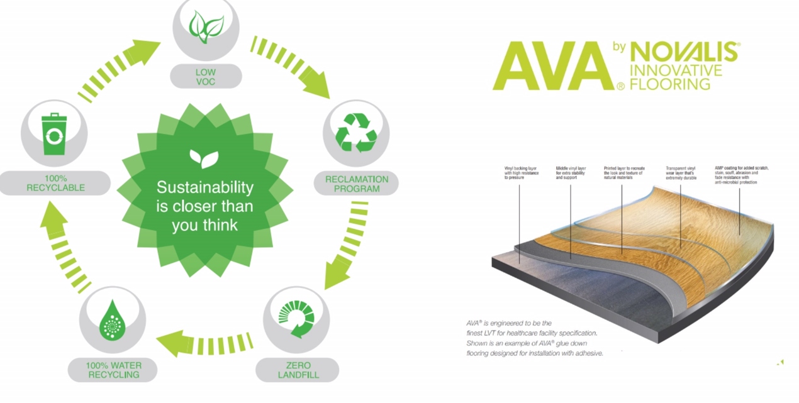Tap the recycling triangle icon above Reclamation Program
(x=355, y=133)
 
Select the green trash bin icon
(x=53, y=133)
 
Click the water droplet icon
(x=112, y=319)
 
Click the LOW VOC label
(x=205, y=77)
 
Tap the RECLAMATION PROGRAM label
(x=356, y=184)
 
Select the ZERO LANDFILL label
(x=298, y=370)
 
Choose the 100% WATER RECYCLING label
(x=113, y=370)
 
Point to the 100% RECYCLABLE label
(x=55, y=183)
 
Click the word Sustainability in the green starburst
(x=205, y=187)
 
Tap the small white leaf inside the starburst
(x=204, y=158)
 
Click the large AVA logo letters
(x=551, y=66)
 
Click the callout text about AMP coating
(x=741, y=175)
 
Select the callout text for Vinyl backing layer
(x=522, y=173)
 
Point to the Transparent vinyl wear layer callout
(x=681, y=173)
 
